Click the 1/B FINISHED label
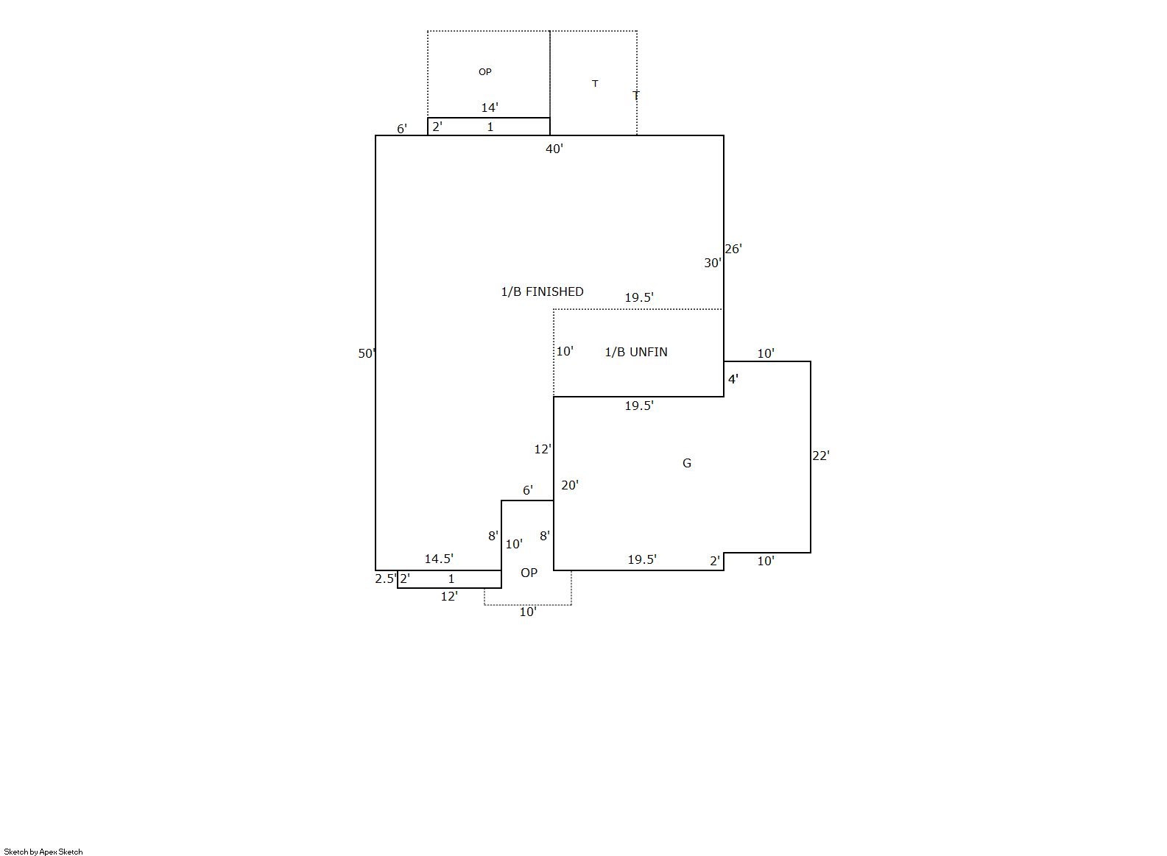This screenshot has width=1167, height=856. point(542,291)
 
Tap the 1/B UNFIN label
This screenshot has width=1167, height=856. point(635,352)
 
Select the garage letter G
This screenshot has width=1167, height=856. point(687,463)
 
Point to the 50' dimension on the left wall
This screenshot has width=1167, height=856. point(366,353)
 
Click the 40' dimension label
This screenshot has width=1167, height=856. point(554,149)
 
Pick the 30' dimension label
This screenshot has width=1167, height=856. point(713,263)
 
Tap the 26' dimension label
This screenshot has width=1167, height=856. point(733,249)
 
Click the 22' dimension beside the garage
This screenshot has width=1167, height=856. point(820,456)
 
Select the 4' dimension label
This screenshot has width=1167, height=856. point(733,379)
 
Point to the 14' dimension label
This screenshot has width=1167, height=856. point(490,107)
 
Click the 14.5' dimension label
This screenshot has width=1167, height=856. point(439,559)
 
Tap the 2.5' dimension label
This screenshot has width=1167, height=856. point(386,579)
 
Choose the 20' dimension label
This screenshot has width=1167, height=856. point(570,485)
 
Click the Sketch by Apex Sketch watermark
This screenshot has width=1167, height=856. point(43,852)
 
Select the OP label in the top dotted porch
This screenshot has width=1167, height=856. point(485,72)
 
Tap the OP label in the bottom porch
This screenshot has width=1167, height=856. point(529,573)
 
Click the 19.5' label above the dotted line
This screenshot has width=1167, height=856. point(639,297)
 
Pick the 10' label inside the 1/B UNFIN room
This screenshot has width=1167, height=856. point(565,351)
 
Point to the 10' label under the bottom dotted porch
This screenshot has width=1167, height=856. point(528,612)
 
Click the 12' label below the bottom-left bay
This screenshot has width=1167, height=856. point(449,596)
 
